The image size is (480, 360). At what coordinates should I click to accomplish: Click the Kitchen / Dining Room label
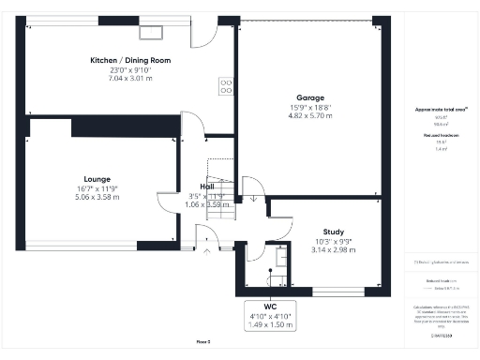[x=127, y=60]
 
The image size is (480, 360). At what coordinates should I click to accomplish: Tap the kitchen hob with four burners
[x=226, y=86]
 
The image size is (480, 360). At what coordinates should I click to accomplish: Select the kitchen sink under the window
[x=151, y=33]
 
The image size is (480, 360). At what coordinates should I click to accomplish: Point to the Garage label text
[x=309, y=97]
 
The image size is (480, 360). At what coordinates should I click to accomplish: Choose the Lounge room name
[x=97, y=178]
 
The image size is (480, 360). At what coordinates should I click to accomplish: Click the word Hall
[x=208, y=186]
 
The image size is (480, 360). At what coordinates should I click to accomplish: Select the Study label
[x=333, y=231]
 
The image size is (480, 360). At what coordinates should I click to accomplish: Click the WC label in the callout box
[x=270, y=307]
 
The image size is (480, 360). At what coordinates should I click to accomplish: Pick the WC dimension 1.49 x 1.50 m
[x=270, y=324]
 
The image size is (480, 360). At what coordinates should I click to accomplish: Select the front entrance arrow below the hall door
[x=207, y=251]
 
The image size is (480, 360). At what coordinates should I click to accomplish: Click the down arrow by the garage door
[x=253, y=198]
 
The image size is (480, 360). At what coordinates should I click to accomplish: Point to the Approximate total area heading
[x=441, y=110]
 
